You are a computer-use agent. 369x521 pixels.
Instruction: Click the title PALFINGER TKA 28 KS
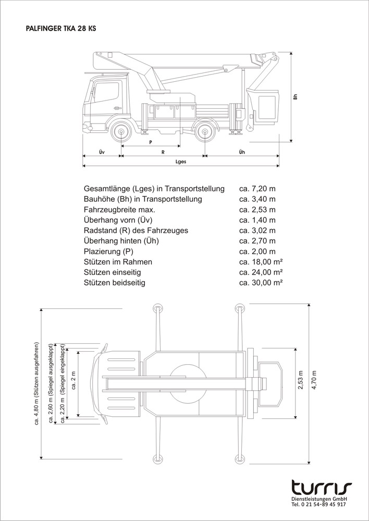(60, 30)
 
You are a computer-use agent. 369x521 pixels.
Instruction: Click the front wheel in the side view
(121, 133)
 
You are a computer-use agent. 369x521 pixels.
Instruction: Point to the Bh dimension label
(295, 96)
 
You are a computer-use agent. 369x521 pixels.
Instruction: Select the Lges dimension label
(181, 162)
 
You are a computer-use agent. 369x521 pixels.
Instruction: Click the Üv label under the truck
(102, 152)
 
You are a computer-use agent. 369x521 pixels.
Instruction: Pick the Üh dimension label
(241, 152)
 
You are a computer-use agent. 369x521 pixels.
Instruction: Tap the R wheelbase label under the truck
(163, 152)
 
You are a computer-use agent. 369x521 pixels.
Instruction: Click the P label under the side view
(150, 142)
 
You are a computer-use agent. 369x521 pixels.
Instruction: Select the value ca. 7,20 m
(257, 189)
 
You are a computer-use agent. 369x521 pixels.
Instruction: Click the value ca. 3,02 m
(257, 230)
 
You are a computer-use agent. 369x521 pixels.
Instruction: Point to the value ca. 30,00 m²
(261, 282)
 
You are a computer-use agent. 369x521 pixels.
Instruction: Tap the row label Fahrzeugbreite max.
(119, 209)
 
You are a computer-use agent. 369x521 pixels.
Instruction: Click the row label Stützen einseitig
(119, 272)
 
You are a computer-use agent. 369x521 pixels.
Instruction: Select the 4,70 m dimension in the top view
(314, 383)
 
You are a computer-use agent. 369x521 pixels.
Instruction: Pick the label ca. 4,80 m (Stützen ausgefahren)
(37, 383)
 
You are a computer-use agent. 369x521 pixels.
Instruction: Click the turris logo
(321, 488)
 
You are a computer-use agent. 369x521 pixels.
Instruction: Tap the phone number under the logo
(318, 505)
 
